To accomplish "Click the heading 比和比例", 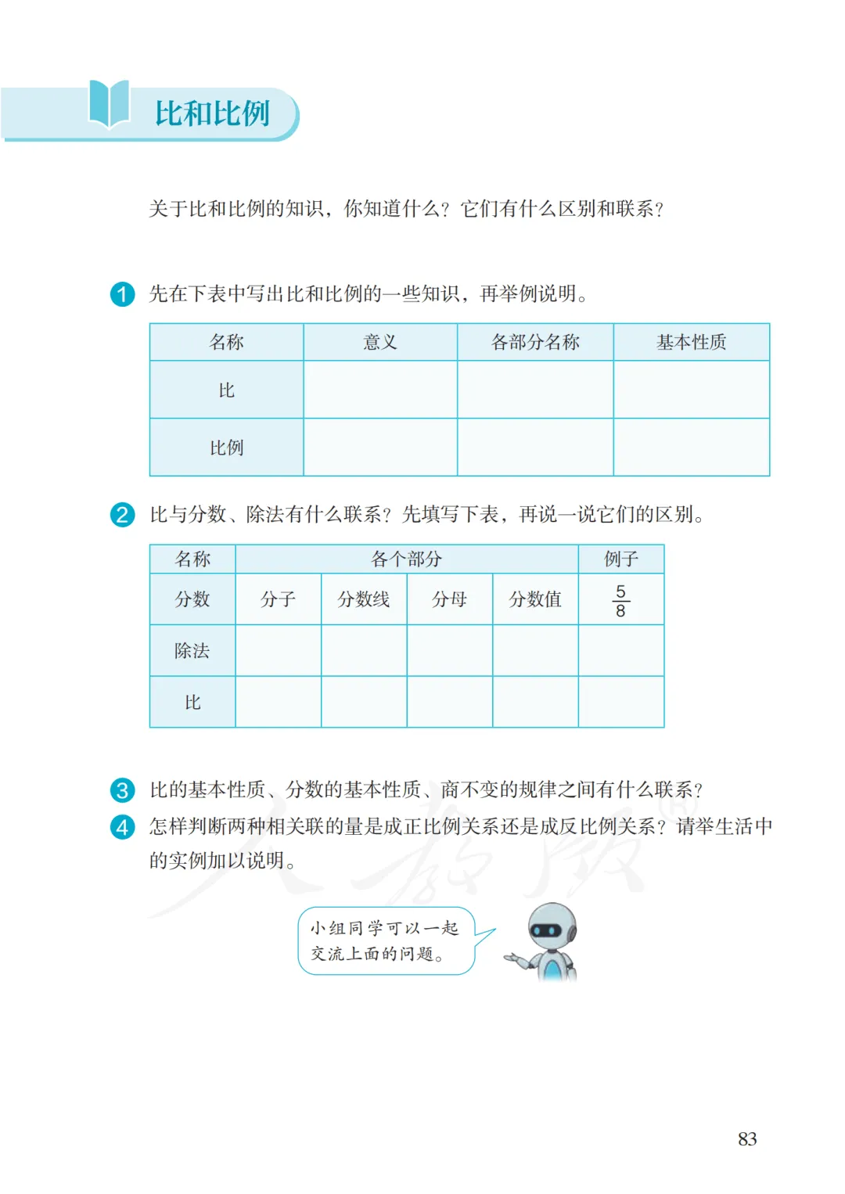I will pos(212,113).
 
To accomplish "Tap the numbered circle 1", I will pos(122,294).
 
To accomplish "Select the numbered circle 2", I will pos(122,515).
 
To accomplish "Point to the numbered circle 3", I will pos(122,790).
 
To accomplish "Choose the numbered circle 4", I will pos(122,827).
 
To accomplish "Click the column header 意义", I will pos(380,342).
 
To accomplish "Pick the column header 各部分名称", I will pos(535,342).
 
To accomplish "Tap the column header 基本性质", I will pos(691,342).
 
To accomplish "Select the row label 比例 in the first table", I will pos(226,448).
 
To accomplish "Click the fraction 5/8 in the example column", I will pos(620,601).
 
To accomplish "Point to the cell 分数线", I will pos(364,599).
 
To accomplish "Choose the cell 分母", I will pos(449,599).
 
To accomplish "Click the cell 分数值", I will pos(535,599).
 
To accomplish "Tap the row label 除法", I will pos(192,651).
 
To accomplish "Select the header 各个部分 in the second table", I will pos(406,559).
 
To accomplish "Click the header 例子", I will pos(621,559).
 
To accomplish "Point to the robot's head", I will pos(551,927).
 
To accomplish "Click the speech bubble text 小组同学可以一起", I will pos(384,928).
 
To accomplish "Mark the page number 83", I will pos(747,1139).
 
